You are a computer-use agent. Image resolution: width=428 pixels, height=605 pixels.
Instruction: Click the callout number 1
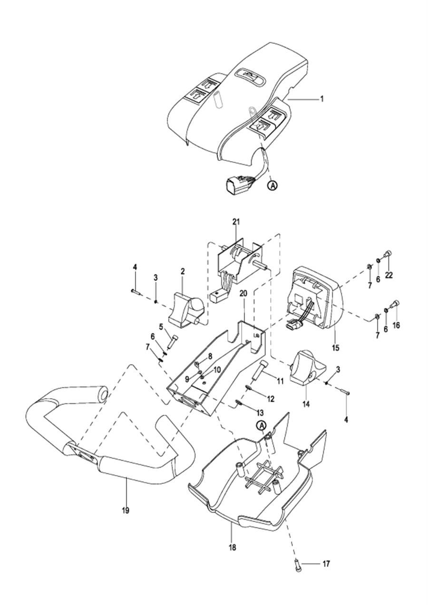[x=322, y=99]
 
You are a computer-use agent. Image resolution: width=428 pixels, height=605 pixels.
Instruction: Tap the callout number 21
[x=236, y=222]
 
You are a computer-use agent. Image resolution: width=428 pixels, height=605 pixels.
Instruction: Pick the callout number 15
[x=335, y=347]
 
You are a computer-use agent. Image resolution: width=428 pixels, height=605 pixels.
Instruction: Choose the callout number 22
[x=389, y=275]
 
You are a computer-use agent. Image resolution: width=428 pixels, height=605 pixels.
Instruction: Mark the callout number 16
[x=396, y=325]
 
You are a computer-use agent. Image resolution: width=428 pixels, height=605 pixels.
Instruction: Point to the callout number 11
[x=280, y=381]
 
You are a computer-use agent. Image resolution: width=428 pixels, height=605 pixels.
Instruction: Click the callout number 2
[x=183, y=271]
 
